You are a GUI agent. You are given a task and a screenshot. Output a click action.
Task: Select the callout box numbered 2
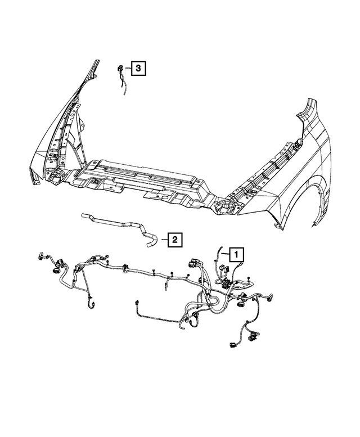(x=175, y=240)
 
